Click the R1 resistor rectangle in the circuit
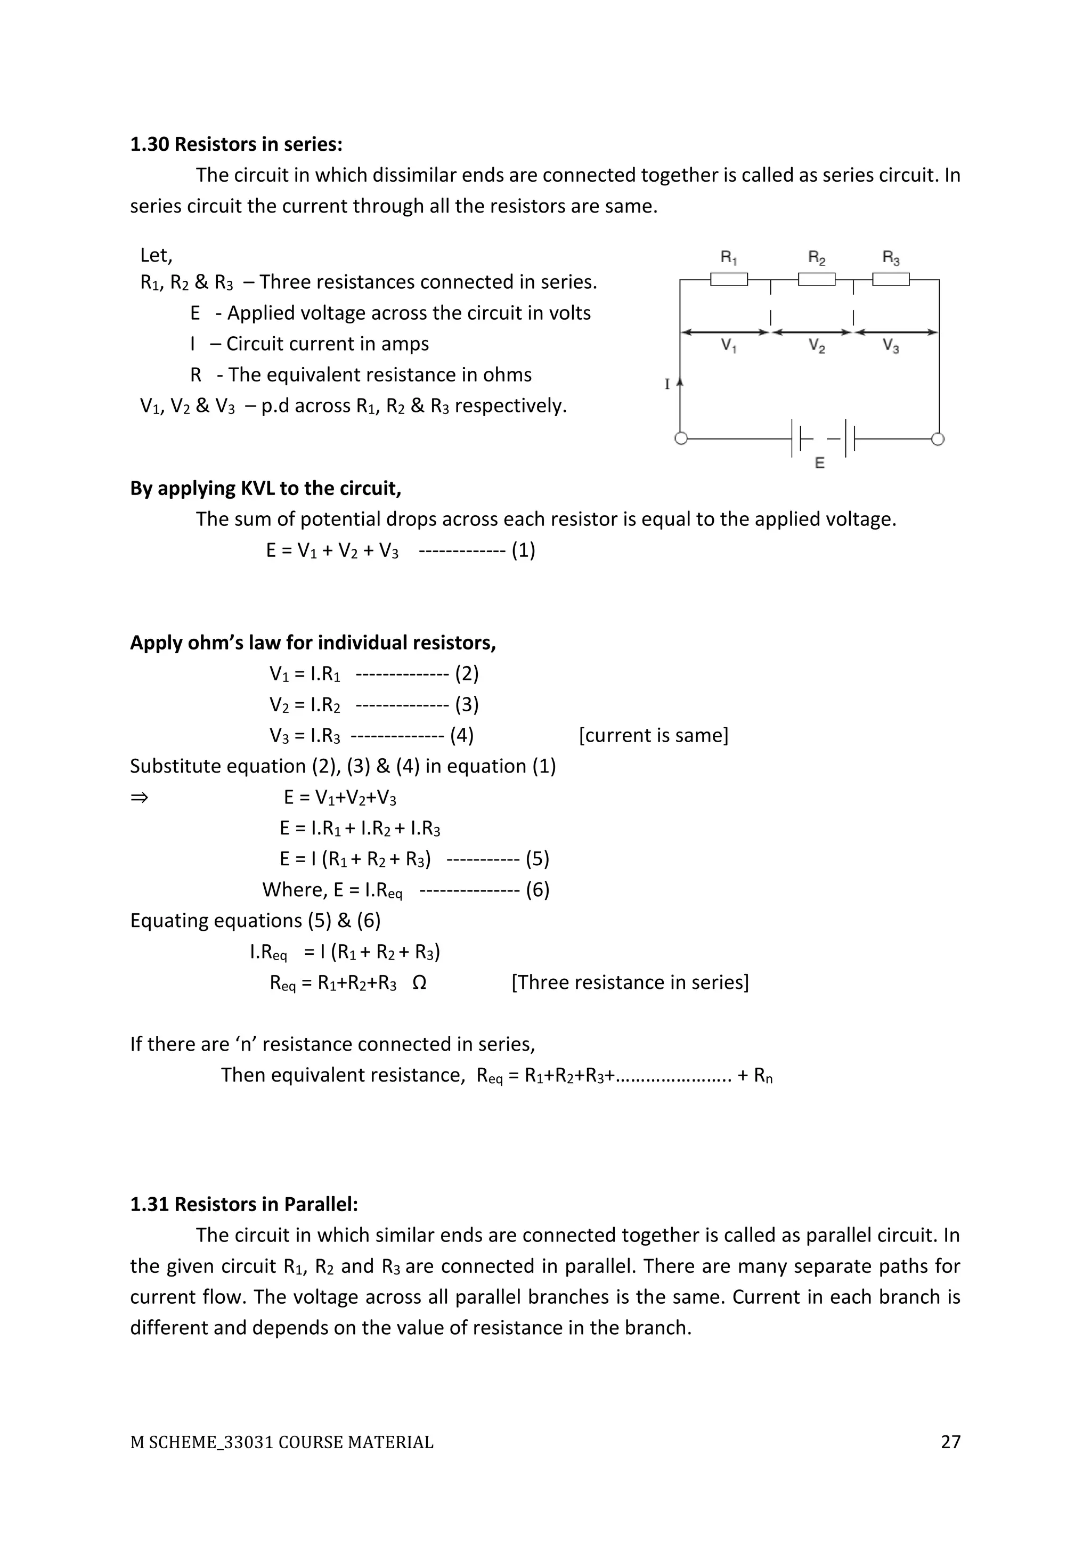pyautogui.click(x=729, y=279)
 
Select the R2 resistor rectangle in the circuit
pyautogui.click(x=816, y=279)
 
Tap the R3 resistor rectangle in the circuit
pyautogui.click(x=891, y=279)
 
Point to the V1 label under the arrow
pyautogui.click(x=729, y=346)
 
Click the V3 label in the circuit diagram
pyautogui.click(x=891, y=346)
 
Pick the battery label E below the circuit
pyautogui.click(x=820, y=463)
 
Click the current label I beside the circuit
pyautogui.click(x=667, y=384)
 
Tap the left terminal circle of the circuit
pyautogui.click(x=680, y=439)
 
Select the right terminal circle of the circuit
pyautogui.click(x=939, y=439)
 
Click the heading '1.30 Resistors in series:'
pyautogui.click(x=236, y=144)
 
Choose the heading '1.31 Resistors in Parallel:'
pyautogui.click(x=244, y=1204)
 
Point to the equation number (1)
pyautogui.click(x=523, y=550)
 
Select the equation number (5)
pyautogui.click(x=538, y=859)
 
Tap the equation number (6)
pyautogui.click(x=538, y=890)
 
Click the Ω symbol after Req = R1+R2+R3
pyautogui.click(x=419, y=982)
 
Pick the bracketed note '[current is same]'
pyautogui.click(x=653, y=735)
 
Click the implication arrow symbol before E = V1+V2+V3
pyautogui.click(x=139, y=798)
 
